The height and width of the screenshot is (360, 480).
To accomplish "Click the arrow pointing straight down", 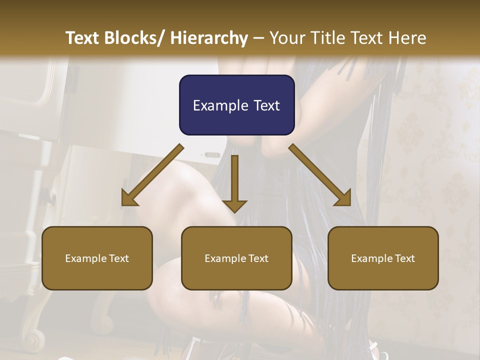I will (x=234, y=182).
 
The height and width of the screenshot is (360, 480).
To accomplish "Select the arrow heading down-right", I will (x=320, y=175).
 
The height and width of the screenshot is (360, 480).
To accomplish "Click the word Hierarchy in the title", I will (x=209, y=38).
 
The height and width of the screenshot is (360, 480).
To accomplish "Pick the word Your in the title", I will (x=287, y=38).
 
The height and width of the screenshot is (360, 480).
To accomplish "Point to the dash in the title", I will (x=258, y=38).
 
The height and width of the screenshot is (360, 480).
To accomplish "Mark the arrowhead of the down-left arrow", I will (x=129, y=199).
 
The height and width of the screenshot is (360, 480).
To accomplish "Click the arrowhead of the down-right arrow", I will (x=343, y=198).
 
